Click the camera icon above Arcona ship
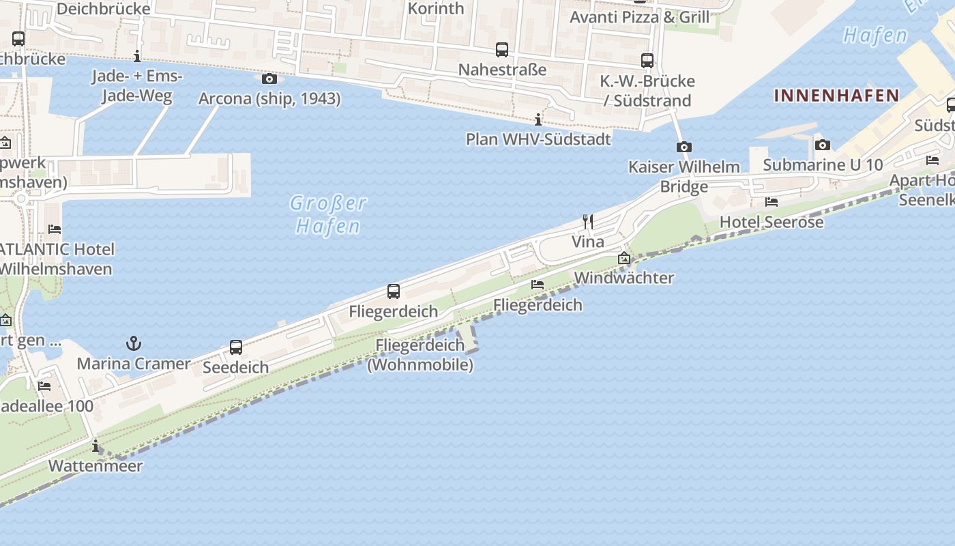pyautogui.click(x=269, y=78)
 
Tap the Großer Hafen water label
pyautogui.click(x=328, y=214)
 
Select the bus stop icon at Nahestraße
pyautogui.click(x=502, y=50)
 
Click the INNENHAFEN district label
pyautogui.click(x=836, y=96)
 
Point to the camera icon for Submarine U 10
pyautogui.click(x=823, y=145)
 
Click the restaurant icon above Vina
pyautogui.click(x=588, y=221)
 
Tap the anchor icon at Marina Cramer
pyautogui.click(x=134, y=343)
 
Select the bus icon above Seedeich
pyautogui.click(x=236, y=347)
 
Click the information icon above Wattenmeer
pyautogui.click(x=95, y=447)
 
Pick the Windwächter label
pyautogui.click(x=623, y=278)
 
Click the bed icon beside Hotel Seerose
pyautogui.click(x=772, y=202)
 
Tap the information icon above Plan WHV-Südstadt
pyautogui.click(x=538, y=120)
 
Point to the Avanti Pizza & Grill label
pyautogui.click(x=639, y=17)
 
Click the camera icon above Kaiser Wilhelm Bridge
pyautogui.click(x=684, y=147)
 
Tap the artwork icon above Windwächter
pyautogui.click(x=623, y=258)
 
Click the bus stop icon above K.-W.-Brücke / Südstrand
pyautogui.click(x=647, y=61)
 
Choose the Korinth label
pyautogui.click(x=435, y=9)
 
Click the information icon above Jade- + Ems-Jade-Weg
pyautogui.click(x=137, y=56)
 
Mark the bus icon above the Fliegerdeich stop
pyautogui.click(x=394, y=291)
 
